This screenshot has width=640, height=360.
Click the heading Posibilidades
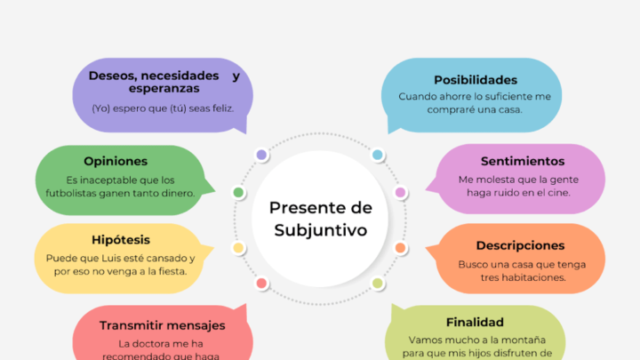(475, 80)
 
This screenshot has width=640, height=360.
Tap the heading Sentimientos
(523, 161)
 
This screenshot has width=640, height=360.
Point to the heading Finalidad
(475, 322)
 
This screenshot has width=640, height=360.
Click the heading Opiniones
(116, 161)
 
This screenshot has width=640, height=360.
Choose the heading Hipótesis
(121, 239)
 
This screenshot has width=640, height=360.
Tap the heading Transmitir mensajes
(162, 325)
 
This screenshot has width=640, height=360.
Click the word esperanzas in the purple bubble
(163, 89)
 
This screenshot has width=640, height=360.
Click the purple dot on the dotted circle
(261, 155)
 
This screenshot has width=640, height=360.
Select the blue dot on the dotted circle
(377, 155)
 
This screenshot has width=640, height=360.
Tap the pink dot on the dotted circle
(400, 192)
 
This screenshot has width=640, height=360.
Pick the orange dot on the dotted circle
(400, 248)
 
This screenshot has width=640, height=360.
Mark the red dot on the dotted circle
(261, 284)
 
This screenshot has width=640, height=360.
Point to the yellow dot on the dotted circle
(238, 248)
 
